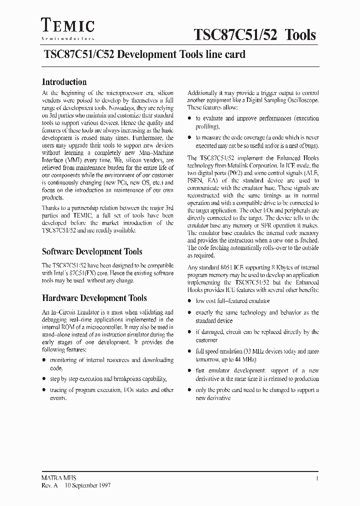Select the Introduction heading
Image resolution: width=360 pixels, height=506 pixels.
[64, 82]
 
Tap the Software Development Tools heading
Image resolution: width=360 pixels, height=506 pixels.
[92, 251]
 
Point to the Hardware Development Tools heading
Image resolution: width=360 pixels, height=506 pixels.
[94, 298]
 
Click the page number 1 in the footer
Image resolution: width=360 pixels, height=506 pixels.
[317, 478]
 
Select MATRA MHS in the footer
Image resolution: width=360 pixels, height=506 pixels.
[58, 478]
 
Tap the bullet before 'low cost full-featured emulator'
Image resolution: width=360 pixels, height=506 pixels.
[189, 301]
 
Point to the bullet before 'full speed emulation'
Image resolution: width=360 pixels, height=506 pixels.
[189, 351]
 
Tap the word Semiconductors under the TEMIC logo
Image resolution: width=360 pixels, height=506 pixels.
[67, 38]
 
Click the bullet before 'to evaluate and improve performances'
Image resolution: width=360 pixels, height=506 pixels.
[189, 118]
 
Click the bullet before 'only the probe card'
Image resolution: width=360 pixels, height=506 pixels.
[189, 390]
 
